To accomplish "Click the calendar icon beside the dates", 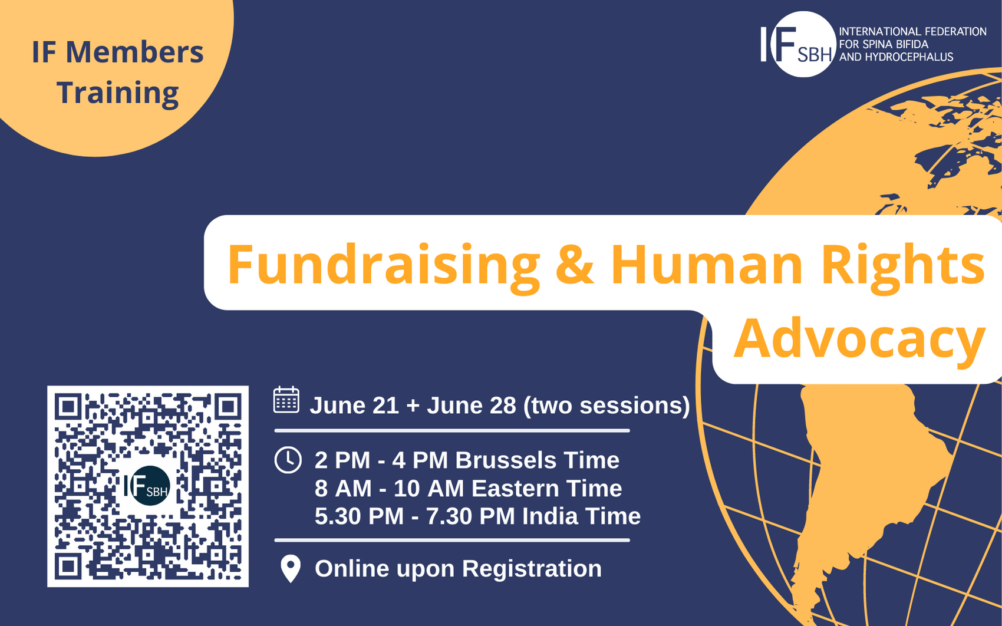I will (x=286, y=400).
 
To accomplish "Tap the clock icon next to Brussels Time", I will (x=288, y=460).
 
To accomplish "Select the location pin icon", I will (x=291, y=569).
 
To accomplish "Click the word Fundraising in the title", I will (x=383, y=265).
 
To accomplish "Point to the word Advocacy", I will (x=859, y=339).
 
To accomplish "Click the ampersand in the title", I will (x=574, y=265).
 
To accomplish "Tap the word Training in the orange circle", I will (x=117, y=93).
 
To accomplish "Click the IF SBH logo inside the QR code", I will (x=147, y=486).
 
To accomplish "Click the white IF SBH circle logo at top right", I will (x=802, y=44).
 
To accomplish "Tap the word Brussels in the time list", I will (x=505, y=460).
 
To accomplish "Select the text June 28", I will (x=471, y=406).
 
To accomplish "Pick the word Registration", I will (x=532, y=569).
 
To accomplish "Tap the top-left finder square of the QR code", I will (x=68, y=407).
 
